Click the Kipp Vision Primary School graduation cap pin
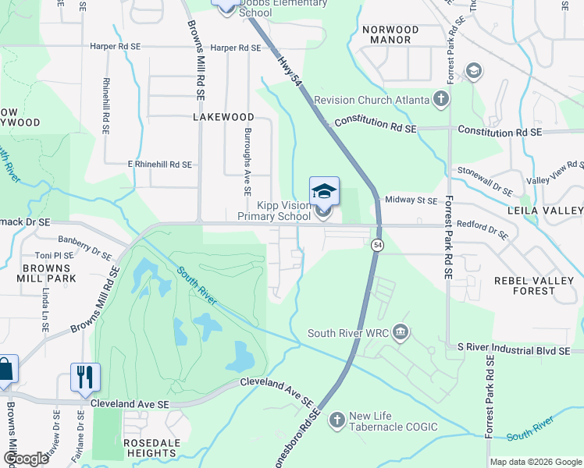click(325, 191)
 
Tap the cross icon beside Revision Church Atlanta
click(441, 100)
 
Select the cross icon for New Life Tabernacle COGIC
click(337, 420)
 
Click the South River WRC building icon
click(401, 333)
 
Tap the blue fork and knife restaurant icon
click(84, 377)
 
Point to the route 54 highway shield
click(378, 245)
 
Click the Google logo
click(26, 459)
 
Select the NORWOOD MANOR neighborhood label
click(390, 34)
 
